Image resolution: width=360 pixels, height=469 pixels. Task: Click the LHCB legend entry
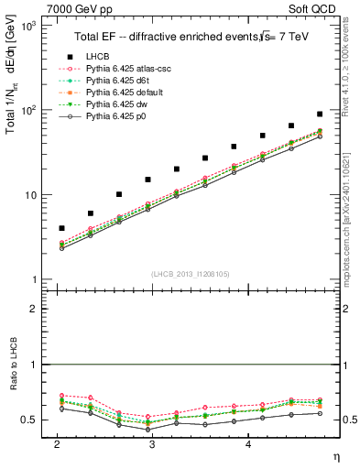pyautogui.click(x=97, y=57)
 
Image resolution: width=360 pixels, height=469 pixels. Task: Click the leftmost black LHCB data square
pyautogui.click(x=61, y=228)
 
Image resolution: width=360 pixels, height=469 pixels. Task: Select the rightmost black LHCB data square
pyautogui.click(x=320, y=114)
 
